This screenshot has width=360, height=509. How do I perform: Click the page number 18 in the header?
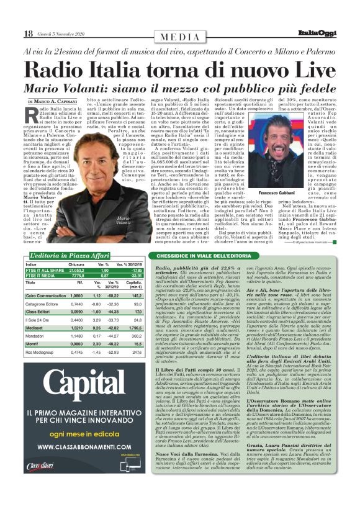pyautogui.click(x=29, y=33)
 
